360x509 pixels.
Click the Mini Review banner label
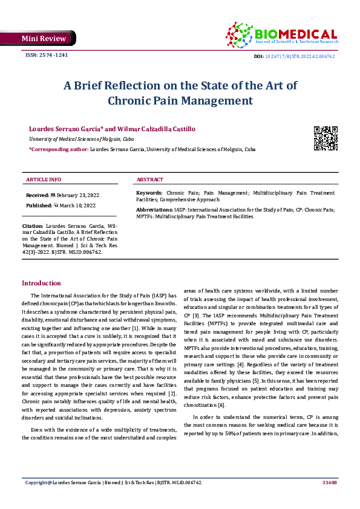[x=43, y=39]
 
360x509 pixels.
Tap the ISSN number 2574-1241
[x=46, y=55]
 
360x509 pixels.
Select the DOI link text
[x=301, y=56]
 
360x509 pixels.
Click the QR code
[x=326, y=138]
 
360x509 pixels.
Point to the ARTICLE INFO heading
[x=44, y=180]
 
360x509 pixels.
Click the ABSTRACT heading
[x=149, y=180]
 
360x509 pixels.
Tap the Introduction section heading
[x=41, y=283]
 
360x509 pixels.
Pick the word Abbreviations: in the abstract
[x=154, y=209]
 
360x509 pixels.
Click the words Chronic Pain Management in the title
[x=180, y=100]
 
